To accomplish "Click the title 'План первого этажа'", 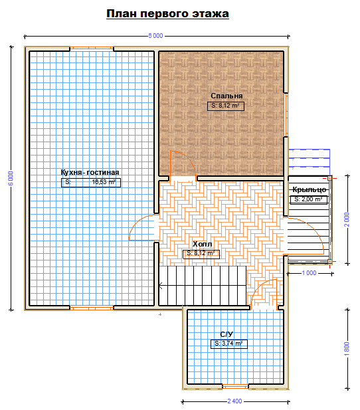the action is pyautogui.click(x=167, y=14).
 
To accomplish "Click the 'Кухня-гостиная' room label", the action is pyautogui.click(x=90, y=172).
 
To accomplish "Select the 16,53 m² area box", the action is pyautogui.click(x=91, y=183).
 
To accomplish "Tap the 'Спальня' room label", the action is pyautogui.click(x=226, y=96).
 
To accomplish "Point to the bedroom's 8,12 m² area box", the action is pyautogui.click(x=226, y=106).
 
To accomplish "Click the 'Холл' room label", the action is pyautogui.click(x=202, y=244).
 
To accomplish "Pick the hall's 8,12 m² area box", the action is pyautogui.click(x=201, y=254).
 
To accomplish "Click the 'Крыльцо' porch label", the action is pyautogui.click(x=310, y=189).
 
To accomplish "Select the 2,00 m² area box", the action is pyautogui.click(x=309, y=199).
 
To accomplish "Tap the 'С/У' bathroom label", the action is pyautogui.click(x=226, y=334).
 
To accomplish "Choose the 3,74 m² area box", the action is pyautogui.click(x=229, y=344).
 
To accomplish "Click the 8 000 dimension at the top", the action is pyautogui.click(x=155, y=36).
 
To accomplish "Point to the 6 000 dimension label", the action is pyautogui.click(x=11, y=178).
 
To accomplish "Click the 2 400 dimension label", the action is pyautogui.click(x=234, y=401).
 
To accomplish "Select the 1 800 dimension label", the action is pyautogui.click(x=347, y=349).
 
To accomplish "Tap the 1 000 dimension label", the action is pyautogui.click(x=310, y=273).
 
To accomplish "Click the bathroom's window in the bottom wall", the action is pyautogui.click(x=235, y=386).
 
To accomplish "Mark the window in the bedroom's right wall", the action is pyautogui.click(x=286, y=115).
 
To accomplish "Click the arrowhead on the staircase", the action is pyautogui.click(x=160, y=286).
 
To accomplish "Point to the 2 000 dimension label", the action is pyautogui.click(x=347, y=219).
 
